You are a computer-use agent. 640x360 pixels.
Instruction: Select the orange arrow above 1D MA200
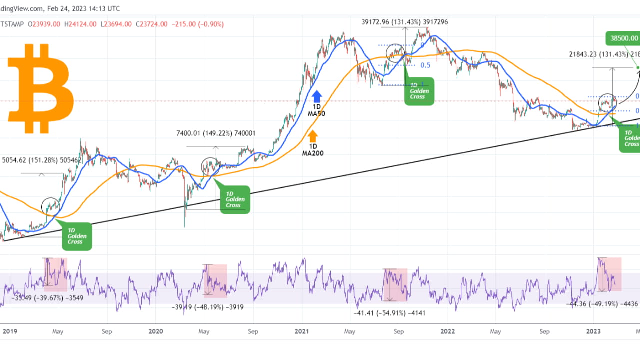(x=313, y=136)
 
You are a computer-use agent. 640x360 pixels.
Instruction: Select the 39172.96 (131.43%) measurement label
(x=405, y=22)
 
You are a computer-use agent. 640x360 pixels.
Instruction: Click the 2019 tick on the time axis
(x=9, y=331)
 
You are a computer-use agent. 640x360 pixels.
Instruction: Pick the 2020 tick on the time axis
(x=156, y=331)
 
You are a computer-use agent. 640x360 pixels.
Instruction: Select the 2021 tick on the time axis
(x=302, y=331)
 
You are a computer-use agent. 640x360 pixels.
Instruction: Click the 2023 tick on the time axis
(x=593, y=331)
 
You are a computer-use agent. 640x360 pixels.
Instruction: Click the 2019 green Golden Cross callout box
(x=78, y=236)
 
